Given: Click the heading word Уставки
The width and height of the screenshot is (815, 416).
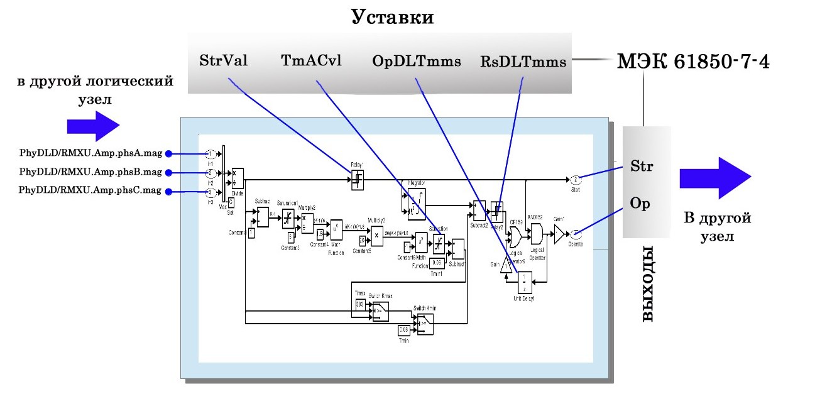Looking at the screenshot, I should (392, 17).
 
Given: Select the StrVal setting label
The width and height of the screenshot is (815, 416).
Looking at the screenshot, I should (223, 61).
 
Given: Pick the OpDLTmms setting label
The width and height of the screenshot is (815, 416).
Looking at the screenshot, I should (417, 61).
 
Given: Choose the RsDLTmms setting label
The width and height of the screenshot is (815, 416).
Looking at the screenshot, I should (523, 61).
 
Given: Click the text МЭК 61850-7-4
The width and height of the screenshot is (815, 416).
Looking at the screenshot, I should (693, 62).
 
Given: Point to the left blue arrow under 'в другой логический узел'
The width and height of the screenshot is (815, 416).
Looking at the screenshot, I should (93, 126).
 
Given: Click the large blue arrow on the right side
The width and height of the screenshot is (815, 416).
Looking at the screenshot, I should (714, 178).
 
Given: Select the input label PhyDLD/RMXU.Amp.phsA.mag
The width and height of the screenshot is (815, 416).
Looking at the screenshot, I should (90, 153).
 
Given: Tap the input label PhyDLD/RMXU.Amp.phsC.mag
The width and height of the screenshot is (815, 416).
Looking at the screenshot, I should (90, 192).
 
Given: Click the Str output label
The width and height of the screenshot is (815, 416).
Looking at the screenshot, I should (642, 167).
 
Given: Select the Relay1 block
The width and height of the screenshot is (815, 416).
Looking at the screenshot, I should (357, 180).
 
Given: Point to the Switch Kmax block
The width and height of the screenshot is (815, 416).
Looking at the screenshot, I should (380, 310).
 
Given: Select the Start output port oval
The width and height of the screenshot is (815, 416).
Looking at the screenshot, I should (575, 180).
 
